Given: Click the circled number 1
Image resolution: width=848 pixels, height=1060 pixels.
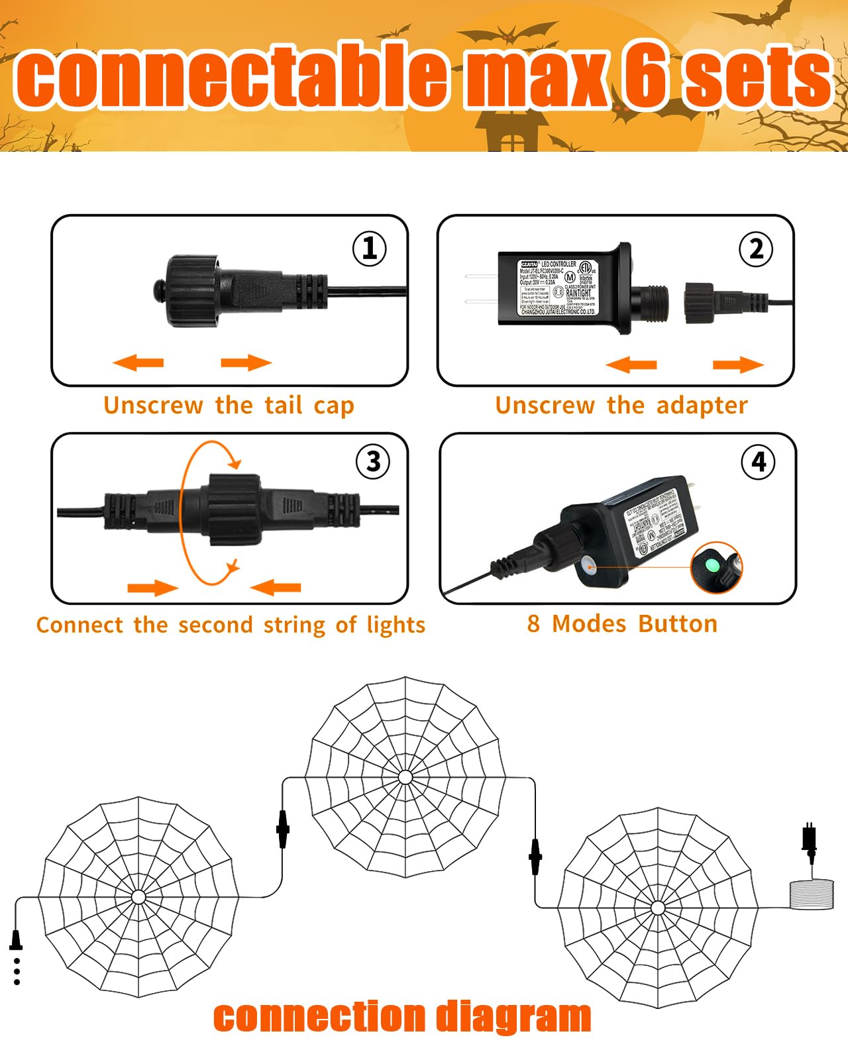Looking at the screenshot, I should tap(369, 248).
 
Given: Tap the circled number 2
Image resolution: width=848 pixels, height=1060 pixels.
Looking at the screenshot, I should tap(756, 249).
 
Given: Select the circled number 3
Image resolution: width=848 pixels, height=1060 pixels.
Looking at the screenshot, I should tap(373, 461).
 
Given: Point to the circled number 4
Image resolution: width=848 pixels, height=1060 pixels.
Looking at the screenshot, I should tap(759, 461).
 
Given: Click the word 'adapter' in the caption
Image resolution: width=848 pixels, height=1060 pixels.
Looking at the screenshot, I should tap(702, 405).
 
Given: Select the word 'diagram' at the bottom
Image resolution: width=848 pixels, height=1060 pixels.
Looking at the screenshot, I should tap(513, 1017).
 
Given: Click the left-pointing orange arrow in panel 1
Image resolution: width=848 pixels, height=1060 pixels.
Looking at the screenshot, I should tap(138, 362).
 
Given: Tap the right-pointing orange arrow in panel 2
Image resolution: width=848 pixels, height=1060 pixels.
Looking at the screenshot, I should tap(738, 364).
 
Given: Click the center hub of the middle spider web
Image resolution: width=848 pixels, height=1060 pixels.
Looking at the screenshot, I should tap(405, 777).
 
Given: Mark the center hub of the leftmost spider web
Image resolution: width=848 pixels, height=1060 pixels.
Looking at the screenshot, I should tap(138, 897).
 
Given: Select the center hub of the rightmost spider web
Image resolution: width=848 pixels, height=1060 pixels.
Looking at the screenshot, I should tap(658, 908).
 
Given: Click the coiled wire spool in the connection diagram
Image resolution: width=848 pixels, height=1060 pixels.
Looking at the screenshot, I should tap(812, 894).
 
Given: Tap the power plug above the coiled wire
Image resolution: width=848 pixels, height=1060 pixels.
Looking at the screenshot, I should tap(809, 839).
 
